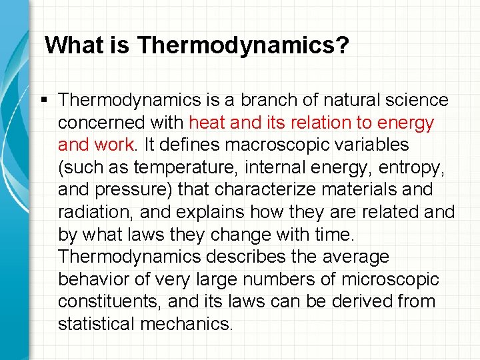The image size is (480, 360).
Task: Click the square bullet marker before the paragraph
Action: pos(43,100)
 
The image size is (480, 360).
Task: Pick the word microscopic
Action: pos(392,279)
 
